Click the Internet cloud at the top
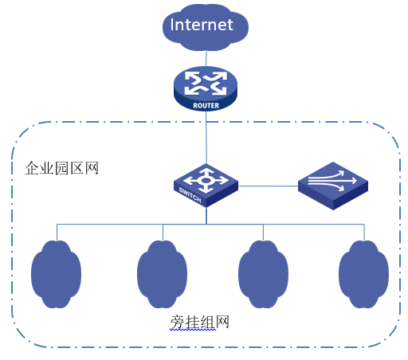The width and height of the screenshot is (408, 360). (x=206, y=27)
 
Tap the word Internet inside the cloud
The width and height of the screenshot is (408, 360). (x=202, y=25)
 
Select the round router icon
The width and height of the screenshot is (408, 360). (x=206, y=88)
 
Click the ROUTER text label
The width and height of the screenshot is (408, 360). (x=206, y=106)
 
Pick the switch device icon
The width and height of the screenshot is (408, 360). (x=206, y=186)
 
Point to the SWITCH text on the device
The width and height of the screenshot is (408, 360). (x=190, y=195)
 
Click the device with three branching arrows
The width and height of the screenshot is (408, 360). (x=333, y=186)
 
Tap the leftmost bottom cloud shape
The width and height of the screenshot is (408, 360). (x=56, y=274)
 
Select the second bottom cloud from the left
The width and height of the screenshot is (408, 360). (x=162, y=274)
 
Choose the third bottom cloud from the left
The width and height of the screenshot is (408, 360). (x=263, y=274)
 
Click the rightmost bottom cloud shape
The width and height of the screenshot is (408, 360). (x=363, y=274)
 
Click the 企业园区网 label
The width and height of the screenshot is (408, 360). (x=61, y=168)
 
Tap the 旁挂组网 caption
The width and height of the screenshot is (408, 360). (x=200, y=322)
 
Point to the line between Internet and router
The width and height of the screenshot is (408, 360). (x=206, y=59)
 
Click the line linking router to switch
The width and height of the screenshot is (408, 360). (x=206, y=138)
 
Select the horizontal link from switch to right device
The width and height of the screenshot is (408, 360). (x=268, y=186)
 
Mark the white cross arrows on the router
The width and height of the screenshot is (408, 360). (x=206, y=83)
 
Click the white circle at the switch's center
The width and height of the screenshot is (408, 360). (x=206, y=181)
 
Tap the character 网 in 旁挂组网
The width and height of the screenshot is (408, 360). (x=222, y=322)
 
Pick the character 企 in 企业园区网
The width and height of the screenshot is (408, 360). (x=32, y=168)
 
